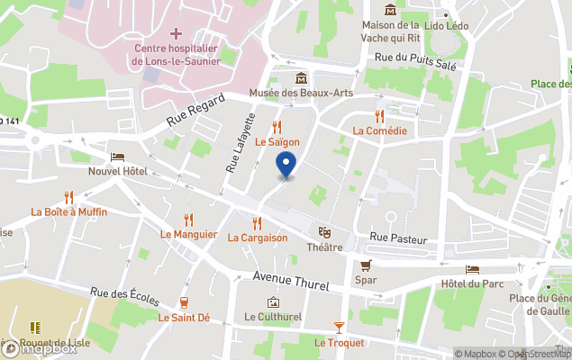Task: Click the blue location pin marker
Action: [x=286, y=166]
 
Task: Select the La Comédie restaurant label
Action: [x=379, y=130]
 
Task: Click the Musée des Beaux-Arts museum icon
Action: [x=301, y=77]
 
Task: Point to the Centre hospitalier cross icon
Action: [x=176, y=33]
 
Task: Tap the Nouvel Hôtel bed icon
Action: [x=117, y=156]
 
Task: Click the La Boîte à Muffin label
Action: [x=68, y=211]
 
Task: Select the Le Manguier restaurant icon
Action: [x=188, y=219]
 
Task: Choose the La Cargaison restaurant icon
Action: [x=257, y=222]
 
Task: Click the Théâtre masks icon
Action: [x=324, y=232]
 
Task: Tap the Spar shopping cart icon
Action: [x=365, y=265]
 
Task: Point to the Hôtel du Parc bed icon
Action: [x=473, y=269]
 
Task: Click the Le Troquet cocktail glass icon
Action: [x=339, y=328]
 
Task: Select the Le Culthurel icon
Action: [x=273, y=302]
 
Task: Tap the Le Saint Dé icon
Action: [x=184, y=302]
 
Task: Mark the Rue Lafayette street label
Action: [x=241, y=139]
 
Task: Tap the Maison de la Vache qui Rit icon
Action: [x=390, y=10]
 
